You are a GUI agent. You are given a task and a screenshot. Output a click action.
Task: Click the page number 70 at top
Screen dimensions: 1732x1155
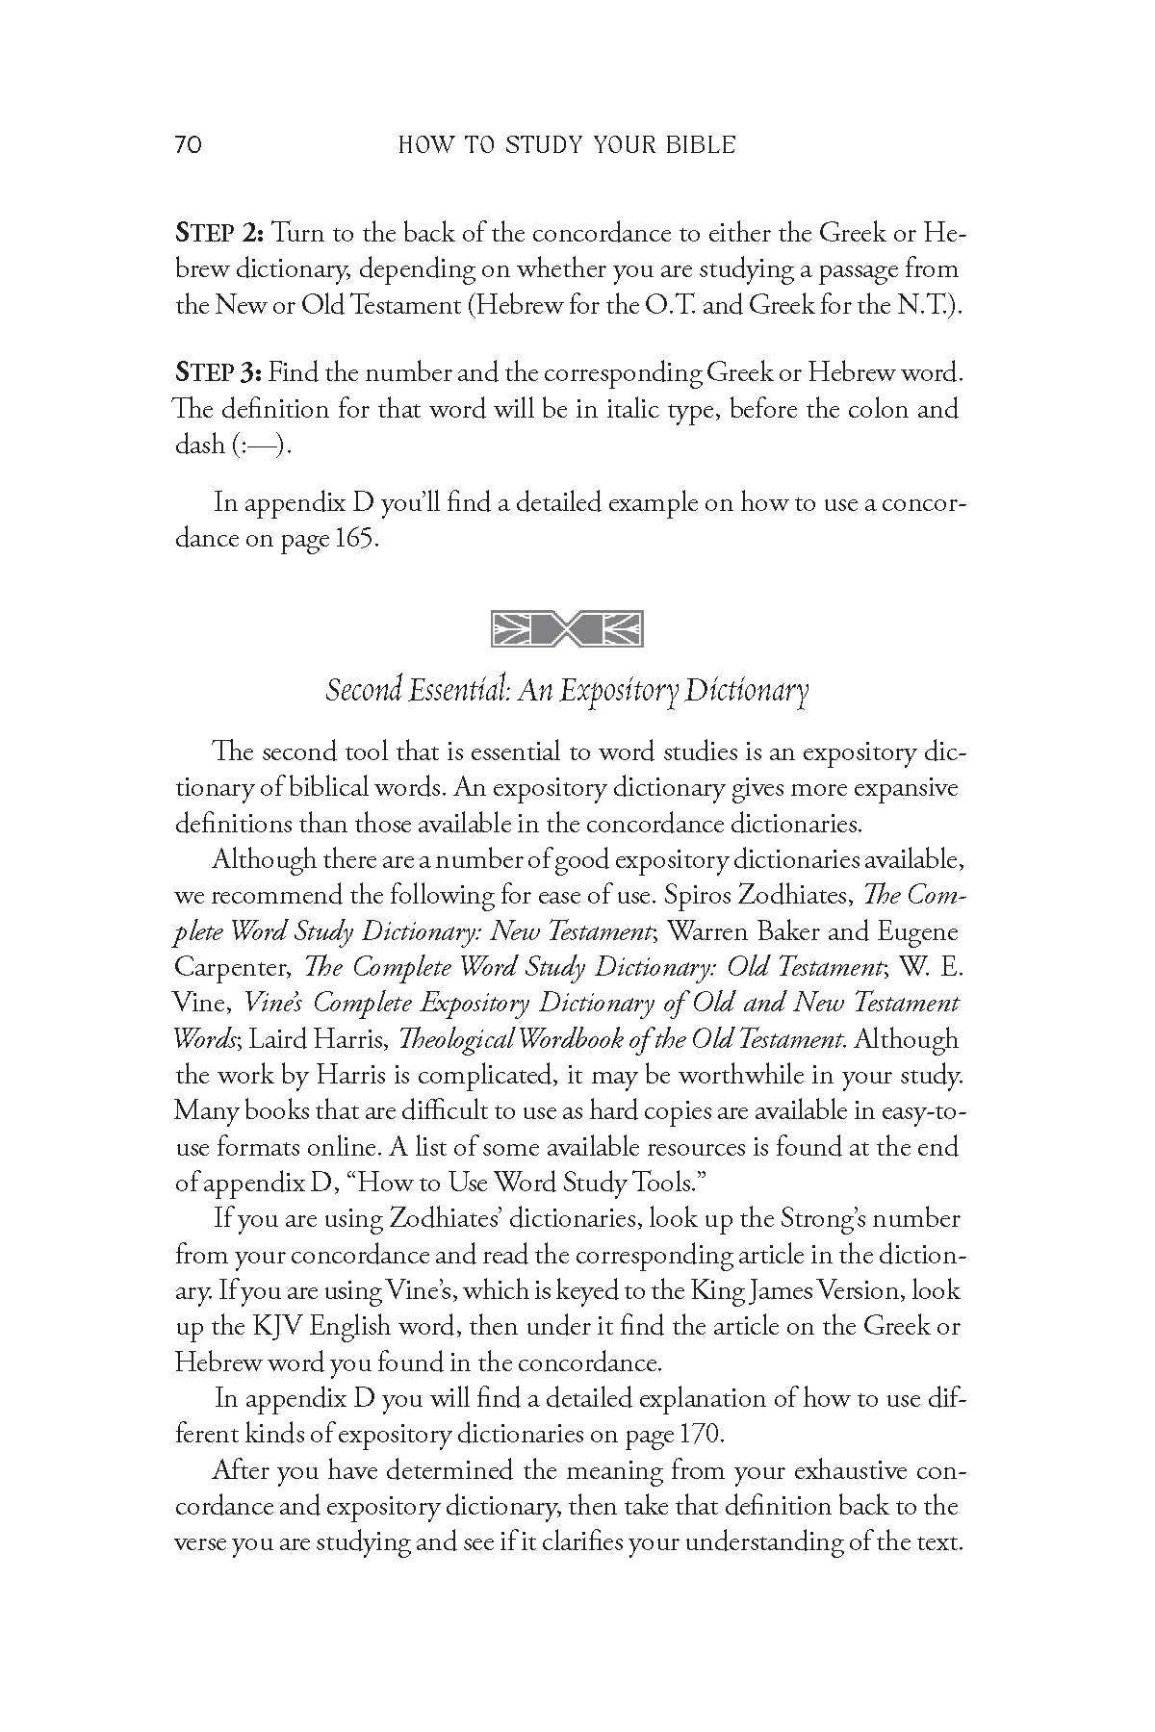(x=188, y=145)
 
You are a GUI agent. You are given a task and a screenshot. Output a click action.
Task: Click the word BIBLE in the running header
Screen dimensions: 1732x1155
(x=700, y=145)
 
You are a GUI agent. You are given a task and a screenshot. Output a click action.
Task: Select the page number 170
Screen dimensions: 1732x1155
(x=700, y=1434)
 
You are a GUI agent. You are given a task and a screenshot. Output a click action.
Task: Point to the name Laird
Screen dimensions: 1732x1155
(x=279, y=1039)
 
